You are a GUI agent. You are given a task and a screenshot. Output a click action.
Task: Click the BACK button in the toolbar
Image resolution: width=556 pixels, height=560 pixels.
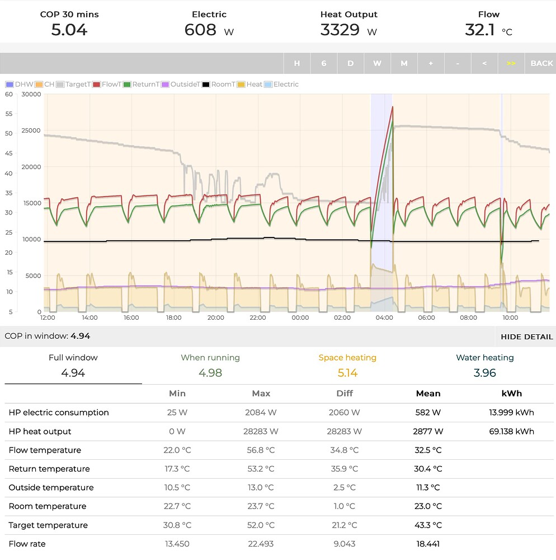point(541,63)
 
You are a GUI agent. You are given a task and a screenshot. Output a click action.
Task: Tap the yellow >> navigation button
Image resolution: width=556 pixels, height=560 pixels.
point(511,63)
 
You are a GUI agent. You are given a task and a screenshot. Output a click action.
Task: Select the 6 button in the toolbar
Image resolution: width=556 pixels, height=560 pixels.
point(323,63)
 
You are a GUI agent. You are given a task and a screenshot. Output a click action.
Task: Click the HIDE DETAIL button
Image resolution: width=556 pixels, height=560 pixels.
point(526,337)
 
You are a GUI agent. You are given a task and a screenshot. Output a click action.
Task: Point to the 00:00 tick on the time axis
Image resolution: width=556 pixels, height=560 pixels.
point(300,318)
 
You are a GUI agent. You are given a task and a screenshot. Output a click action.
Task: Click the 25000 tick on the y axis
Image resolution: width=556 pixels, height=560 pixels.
point(31,130)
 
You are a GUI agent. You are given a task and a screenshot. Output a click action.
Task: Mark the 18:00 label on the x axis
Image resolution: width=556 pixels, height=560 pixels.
point(174,318)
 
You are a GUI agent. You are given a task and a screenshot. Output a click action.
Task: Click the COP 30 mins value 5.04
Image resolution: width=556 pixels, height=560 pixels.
point(69,30)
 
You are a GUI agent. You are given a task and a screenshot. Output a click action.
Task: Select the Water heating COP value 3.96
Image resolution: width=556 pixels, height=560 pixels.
point(484,373)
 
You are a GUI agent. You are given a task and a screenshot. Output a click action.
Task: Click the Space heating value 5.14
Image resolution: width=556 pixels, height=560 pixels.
point(347,373)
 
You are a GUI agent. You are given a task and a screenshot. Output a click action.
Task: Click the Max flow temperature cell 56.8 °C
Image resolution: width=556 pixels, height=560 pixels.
point(261,450)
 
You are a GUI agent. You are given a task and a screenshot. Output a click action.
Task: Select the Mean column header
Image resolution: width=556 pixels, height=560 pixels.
point(428,393)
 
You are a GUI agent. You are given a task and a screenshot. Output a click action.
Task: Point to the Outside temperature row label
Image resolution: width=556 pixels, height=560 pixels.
point(51,487)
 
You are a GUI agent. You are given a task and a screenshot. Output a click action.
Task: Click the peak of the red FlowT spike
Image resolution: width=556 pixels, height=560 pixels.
point(393,106)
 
